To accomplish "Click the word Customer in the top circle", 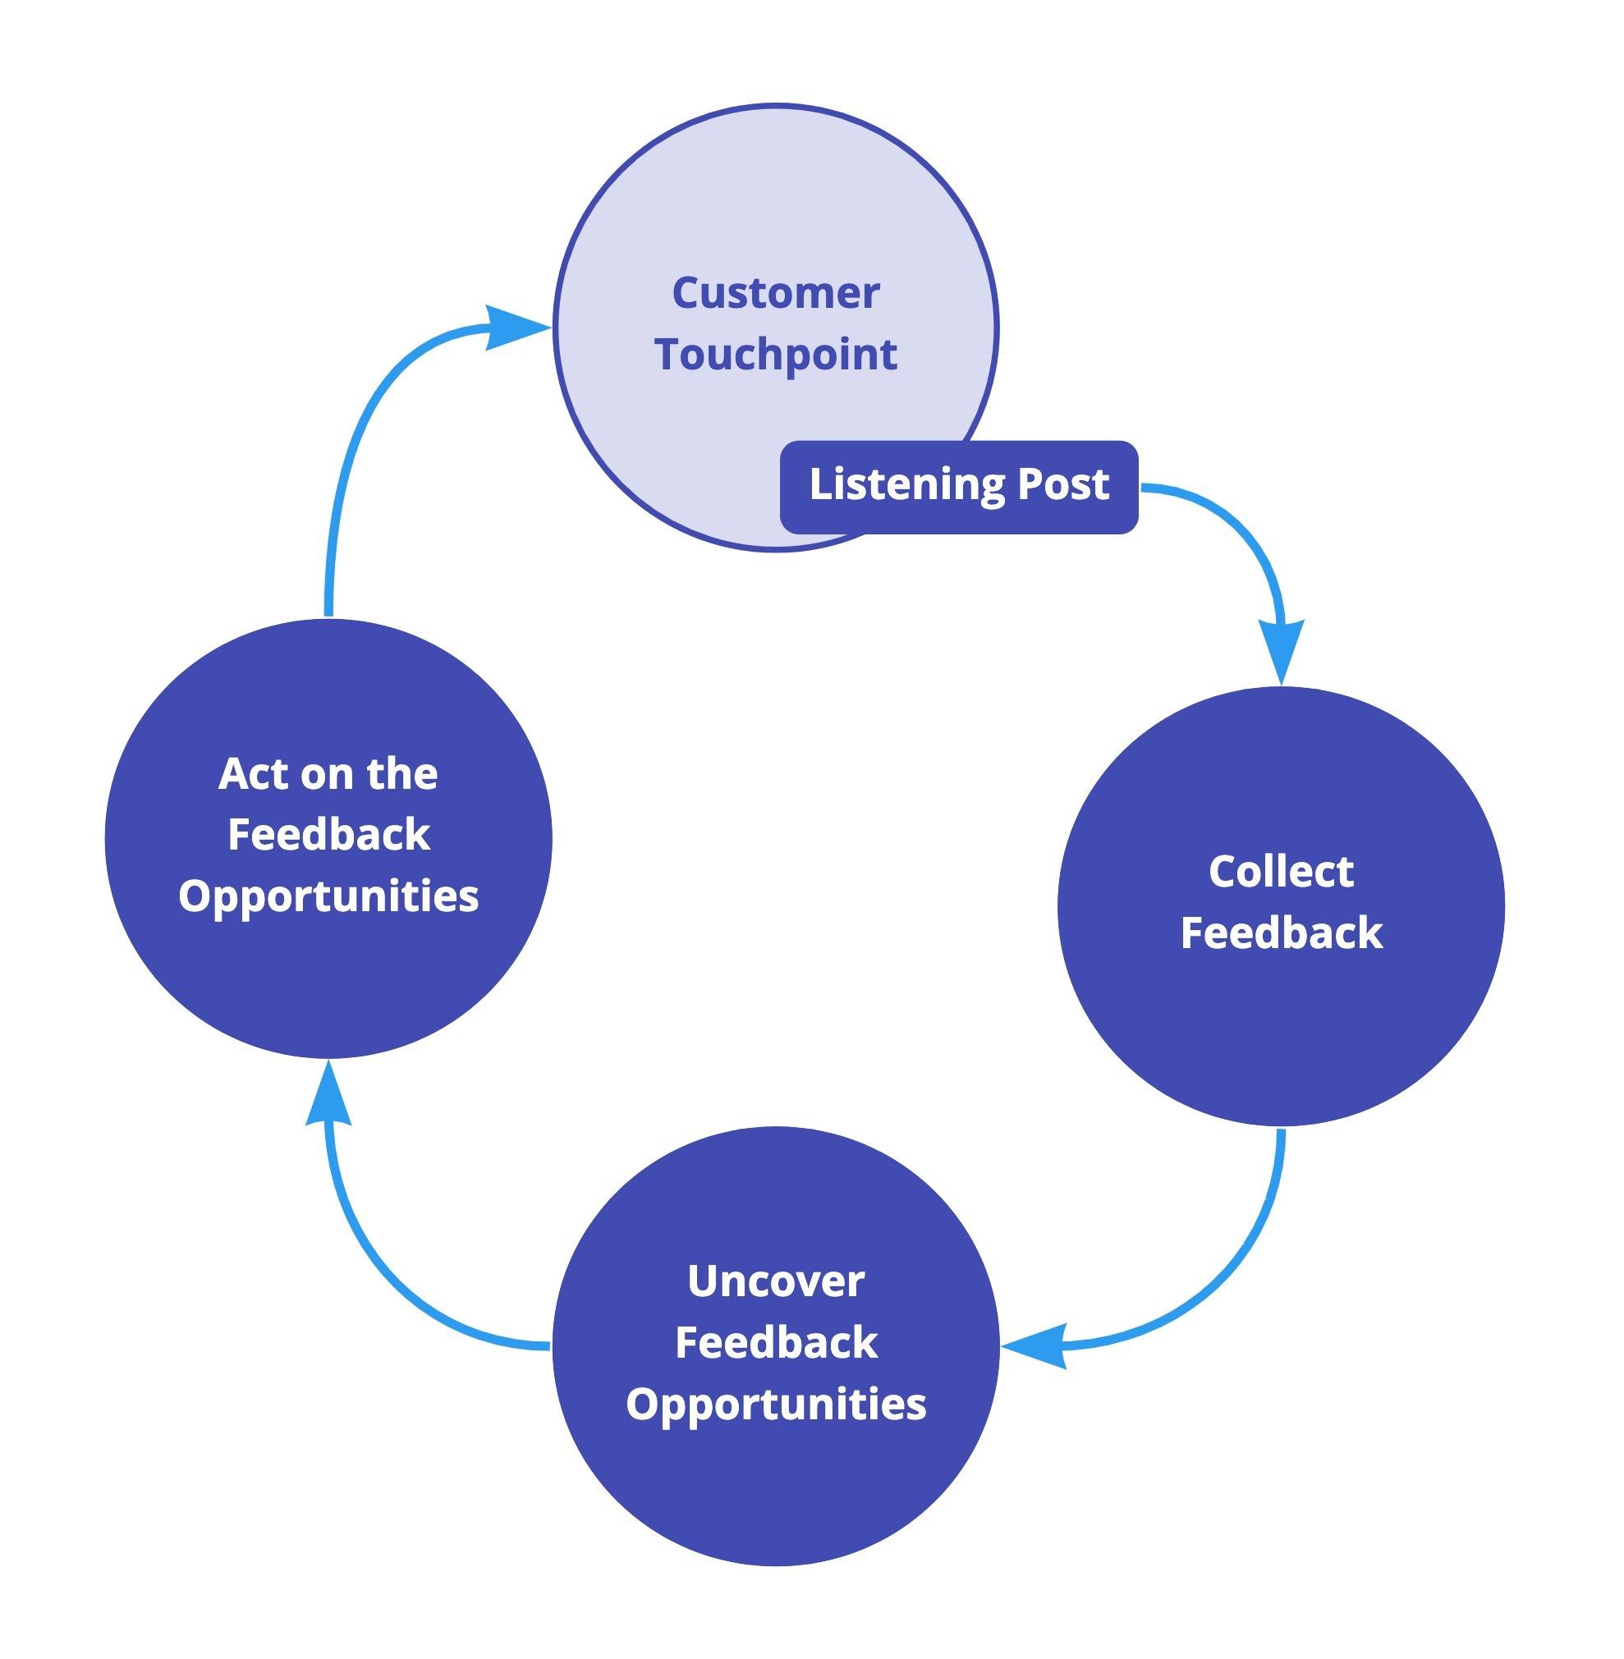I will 775,293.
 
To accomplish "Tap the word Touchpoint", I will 775,355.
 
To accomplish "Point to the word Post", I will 1062,483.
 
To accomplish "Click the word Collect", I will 1280,871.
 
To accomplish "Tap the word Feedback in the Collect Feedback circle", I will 1280,933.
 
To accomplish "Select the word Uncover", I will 775,1281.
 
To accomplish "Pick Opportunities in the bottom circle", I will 775,1404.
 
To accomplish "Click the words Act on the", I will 328,773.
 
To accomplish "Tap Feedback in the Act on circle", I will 328,834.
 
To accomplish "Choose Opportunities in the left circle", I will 328,896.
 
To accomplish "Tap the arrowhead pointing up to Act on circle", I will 328,1100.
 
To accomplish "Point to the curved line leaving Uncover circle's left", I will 401,1296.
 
